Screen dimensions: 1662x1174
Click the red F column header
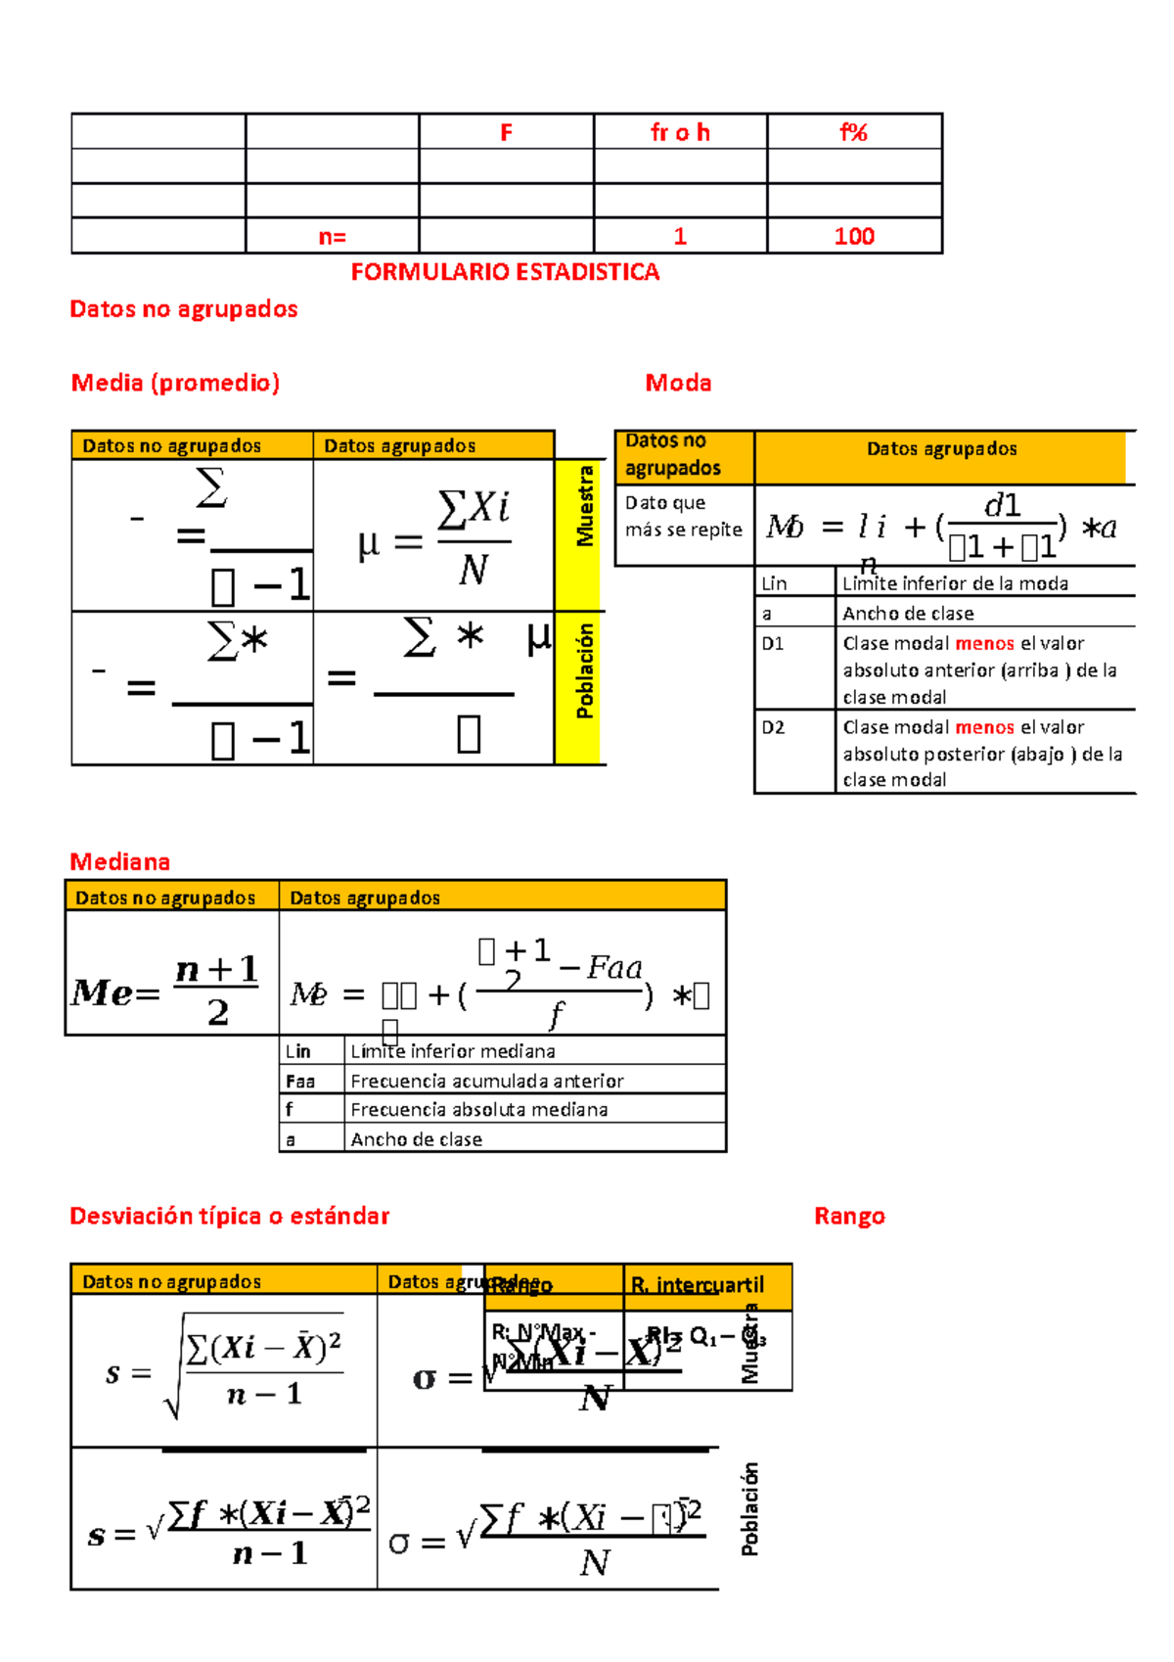(x=506, y=132)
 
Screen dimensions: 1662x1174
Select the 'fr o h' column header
(x=680, y=132)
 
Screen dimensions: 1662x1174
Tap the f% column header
(x=853, y=132)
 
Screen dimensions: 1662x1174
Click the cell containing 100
(x=853, y=236)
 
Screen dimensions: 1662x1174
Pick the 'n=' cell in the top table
(x=332, y=236)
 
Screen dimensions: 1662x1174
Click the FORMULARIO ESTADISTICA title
(x=505, y=272)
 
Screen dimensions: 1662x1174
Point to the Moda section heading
(x=678, y=383)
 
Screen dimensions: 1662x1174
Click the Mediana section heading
(x=119, y=861)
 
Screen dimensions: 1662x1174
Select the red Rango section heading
(x=849, y=1216)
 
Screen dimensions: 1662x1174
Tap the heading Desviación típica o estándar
(x=229, y=1216)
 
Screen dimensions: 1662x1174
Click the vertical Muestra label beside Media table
(x=585, y=506)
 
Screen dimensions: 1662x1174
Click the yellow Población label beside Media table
(x=585, y=671)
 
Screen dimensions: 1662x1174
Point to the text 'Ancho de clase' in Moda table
(x=908, y=614)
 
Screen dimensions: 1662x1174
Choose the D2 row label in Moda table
(x=773, y=727)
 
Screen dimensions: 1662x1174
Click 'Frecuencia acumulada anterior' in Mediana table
(x=486, y=1081)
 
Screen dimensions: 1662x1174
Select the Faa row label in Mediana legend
(x=299, y=1081)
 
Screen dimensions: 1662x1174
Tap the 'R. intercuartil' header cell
(x=697, y=1284)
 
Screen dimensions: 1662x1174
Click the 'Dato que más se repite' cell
(x=683, y=516)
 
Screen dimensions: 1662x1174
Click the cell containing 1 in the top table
(x=680, y=236)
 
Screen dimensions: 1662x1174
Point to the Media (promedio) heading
(x=175, y=383)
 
